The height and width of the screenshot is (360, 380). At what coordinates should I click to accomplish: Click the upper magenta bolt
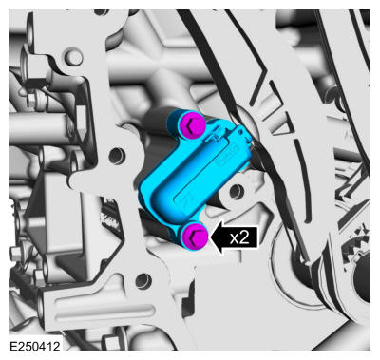pos(191,126)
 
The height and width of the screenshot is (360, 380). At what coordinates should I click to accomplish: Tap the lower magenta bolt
pos(195,237)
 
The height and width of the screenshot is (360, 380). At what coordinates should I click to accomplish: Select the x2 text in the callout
pos(239,237)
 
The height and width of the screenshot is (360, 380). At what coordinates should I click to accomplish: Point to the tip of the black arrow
pos(210,237)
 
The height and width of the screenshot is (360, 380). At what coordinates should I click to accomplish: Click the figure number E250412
pos(35,347)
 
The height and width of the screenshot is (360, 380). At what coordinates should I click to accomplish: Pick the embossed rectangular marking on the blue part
pos(228,158)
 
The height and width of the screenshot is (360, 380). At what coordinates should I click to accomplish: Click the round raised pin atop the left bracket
pos(74,57)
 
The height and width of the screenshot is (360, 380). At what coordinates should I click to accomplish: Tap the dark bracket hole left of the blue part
pos(116,155)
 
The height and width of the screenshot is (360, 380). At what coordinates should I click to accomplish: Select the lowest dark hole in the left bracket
pos(143,280)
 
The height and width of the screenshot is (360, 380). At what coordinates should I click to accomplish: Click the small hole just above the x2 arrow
pos(237,192)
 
